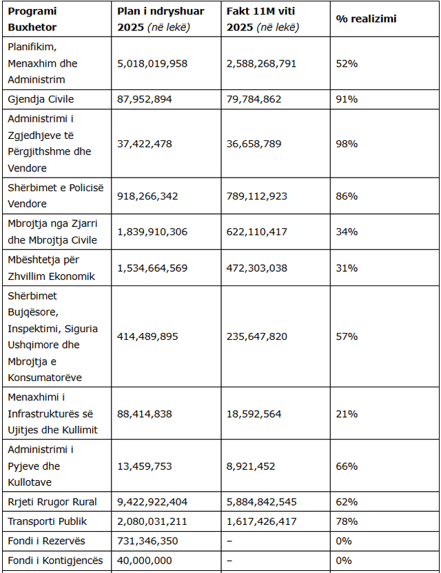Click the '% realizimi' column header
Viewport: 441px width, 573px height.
coord(366,19)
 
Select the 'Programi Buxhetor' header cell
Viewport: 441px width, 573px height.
coord(32,19)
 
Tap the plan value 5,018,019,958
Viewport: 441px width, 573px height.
coord(152,63)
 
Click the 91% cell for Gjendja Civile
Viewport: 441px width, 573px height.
coord(347,99)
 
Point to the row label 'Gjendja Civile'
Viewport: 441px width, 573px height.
coord(41,99)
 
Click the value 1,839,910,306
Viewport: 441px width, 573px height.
coord(152,232)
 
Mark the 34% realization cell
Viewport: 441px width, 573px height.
coord(347,232)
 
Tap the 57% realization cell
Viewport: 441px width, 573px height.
coord(347,336)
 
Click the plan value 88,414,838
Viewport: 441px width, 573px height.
coord(145,413)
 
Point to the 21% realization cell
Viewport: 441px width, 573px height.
coord(347,413)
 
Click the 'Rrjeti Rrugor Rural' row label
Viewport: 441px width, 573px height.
coord(52,501)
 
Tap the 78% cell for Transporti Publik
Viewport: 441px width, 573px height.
coord(347,521)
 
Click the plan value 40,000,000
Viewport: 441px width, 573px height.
coord(145,561)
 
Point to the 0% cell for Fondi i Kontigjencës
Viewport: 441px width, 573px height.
coord(344,561)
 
